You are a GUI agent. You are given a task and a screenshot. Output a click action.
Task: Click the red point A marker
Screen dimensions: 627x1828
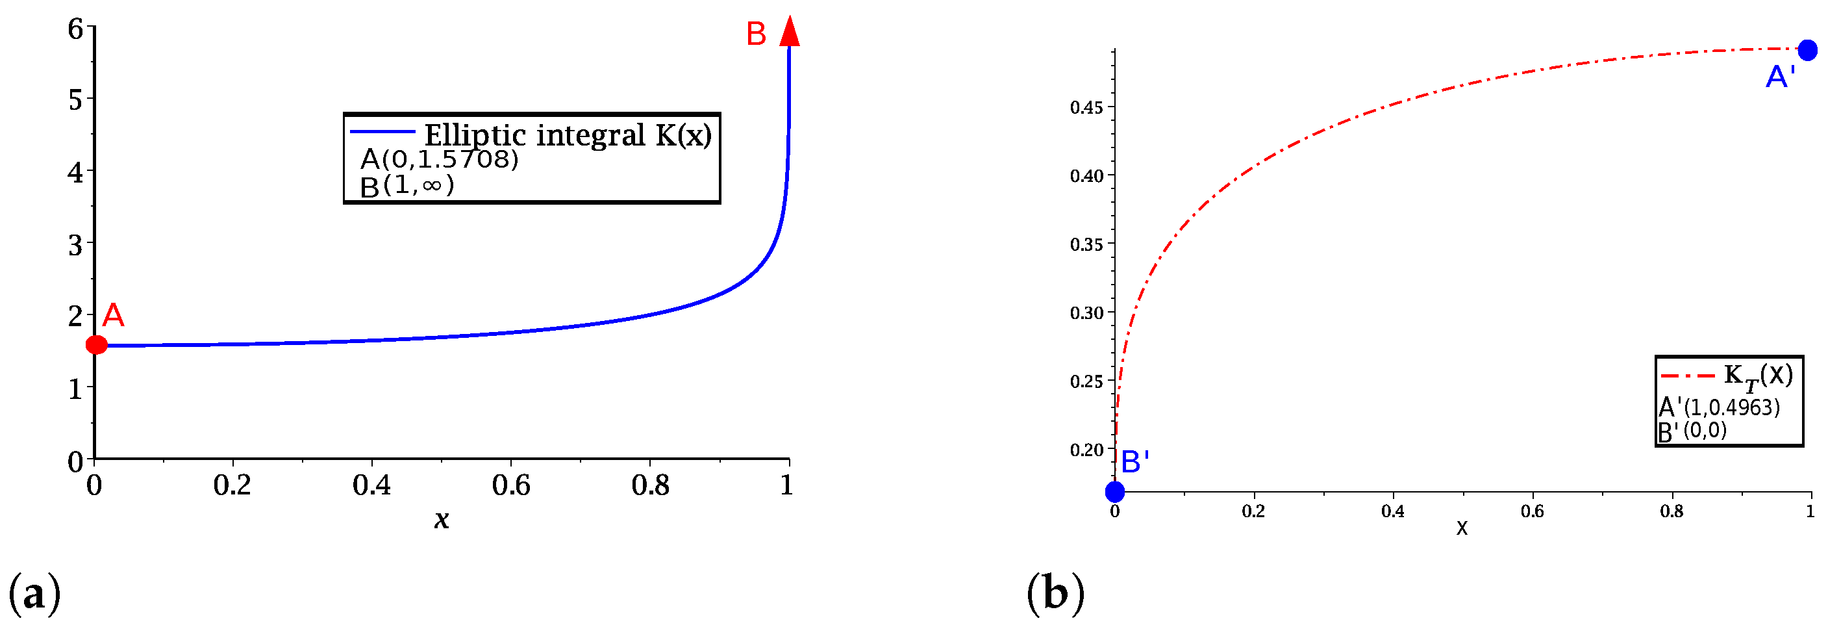point(97,345)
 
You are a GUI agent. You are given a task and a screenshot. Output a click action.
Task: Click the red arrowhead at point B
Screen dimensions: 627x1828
point(789,32)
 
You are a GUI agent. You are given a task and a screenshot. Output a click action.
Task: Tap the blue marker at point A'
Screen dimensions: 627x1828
point(1807,51)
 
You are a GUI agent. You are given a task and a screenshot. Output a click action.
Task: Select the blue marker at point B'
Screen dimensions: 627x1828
point(1114,491)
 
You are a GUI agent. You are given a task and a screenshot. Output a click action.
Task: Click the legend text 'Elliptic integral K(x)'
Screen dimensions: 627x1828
point(567,135)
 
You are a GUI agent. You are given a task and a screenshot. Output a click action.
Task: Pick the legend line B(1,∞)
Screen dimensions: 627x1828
point(407,186)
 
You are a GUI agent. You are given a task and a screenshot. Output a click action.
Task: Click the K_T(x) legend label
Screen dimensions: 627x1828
point(1758,376)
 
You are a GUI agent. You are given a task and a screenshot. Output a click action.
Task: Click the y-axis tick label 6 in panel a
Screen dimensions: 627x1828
point(75,29)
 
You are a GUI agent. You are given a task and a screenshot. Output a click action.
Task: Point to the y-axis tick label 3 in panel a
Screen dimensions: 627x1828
point(75,245)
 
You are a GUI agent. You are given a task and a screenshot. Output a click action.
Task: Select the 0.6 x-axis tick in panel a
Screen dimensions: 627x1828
point(510,485)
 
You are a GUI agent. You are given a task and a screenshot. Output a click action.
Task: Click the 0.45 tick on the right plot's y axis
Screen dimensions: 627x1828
point(1086,107)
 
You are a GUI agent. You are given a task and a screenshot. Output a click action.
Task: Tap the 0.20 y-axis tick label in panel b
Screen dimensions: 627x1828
point(1086,450)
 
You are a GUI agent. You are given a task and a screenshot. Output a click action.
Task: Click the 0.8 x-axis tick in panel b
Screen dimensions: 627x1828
point(1671,511)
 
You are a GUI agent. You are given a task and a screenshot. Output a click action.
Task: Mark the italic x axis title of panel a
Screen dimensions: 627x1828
point(442,520)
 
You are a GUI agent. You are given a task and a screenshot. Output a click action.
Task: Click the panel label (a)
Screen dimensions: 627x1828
point(34,593)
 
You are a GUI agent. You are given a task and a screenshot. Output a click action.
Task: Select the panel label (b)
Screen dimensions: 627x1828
point(1055,593)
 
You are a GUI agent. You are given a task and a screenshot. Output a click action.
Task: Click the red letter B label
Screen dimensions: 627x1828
point(756,34)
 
